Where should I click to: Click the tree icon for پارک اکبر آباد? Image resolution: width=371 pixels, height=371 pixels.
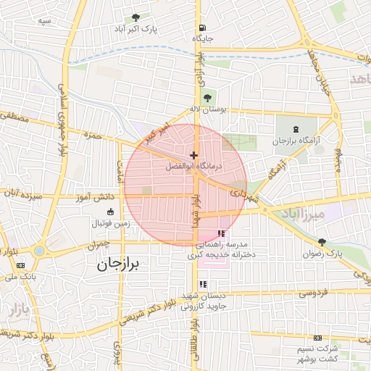pyautogui.click(x=136, y=17)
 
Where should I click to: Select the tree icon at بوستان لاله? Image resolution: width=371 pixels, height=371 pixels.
pyautogui.click(x=209, y=98)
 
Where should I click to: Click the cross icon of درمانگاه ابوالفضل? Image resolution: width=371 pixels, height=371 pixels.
pyautogui.click(x=193, y=155)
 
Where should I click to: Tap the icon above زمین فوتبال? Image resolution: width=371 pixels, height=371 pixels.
pyautogui.click(x=110, y=212)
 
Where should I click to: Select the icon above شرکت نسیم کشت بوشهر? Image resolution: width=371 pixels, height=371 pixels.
pyautogui.click(x=317, y=338)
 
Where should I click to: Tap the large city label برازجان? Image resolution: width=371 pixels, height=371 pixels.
pyautogui.click(x=121, y=265)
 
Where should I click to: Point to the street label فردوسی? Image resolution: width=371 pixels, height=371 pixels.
pyautogui.click(x=313, y=293)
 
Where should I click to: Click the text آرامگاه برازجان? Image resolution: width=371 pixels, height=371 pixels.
pyautogui.click(x=296, y=141)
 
